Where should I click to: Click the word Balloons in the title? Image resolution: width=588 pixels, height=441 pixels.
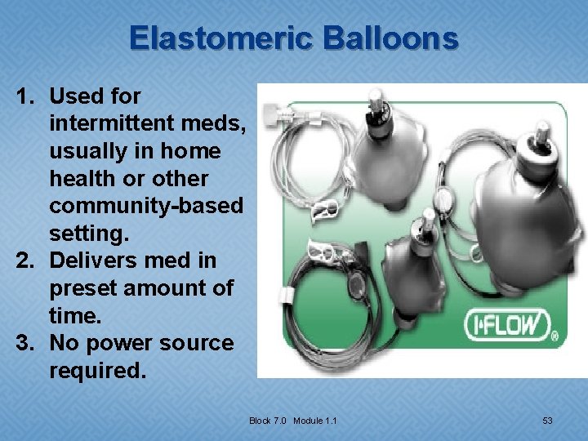(x=391, y=38)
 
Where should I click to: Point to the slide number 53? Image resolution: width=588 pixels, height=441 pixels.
(x=547, y=421)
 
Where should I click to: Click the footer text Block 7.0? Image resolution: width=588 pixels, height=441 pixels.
(x=269, y=421)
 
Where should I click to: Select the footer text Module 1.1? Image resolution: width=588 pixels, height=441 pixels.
(x=315, y=421)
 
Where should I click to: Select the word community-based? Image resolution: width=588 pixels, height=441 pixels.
(x=146, y=206)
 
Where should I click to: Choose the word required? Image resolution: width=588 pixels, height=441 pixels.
(x=97, y=371)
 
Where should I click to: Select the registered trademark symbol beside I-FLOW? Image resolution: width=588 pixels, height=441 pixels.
(x=555, y=336)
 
